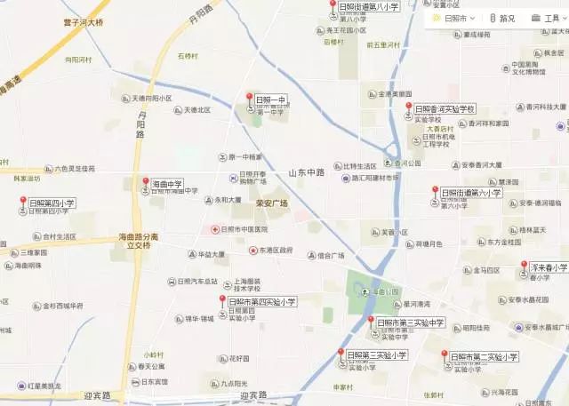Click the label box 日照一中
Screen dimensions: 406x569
click(x=270, y=99)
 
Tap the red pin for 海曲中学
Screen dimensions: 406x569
click(x=146, y=184)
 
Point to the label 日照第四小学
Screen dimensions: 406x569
click(x=52, y=203)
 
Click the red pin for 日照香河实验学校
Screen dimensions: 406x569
click(x=408, y=108)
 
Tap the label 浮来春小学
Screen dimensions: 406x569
click(x=549, y=267)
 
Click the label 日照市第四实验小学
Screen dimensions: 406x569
click(x=261, y=302)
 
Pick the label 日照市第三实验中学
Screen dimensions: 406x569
click(x=410, y=322)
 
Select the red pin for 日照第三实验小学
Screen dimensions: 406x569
click(x=340, y=354)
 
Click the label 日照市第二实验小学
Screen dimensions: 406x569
click(x=483, y=356)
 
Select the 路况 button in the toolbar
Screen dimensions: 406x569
click(x=502, y=18)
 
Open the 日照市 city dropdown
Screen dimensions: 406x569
click(x=453, y=18)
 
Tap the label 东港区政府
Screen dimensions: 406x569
click(x=276, y=250)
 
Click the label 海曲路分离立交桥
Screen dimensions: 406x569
click(x=138, y=241)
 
